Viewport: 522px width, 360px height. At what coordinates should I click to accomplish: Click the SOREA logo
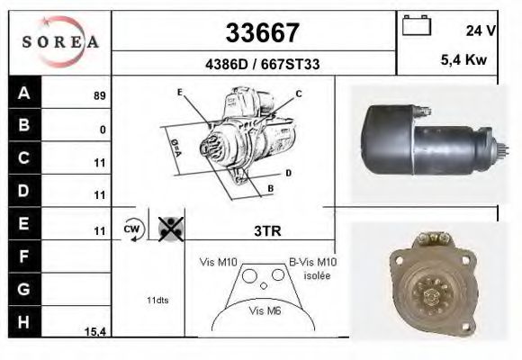[x=59, y=41]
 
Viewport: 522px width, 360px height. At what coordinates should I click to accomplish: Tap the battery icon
[x=416, y=26]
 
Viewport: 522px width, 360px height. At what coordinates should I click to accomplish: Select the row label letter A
[x=24, y=93]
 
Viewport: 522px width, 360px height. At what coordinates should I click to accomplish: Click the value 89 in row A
[x=100, y=95]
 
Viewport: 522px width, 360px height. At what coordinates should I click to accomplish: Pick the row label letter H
[x=24, y=321]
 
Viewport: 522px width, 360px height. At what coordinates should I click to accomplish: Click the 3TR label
[x=268, y=230]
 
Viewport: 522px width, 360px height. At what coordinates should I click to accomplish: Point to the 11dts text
[x=158, y=299]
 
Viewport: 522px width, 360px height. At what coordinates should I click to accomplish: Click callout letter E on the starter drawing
[x=180, y=93]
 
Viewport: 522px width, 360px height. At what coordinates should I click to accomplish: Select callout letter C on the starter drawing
[x=298, y=94]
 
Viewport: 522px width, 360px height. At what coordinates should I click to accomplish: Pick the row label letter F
[x=24, y=256]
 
